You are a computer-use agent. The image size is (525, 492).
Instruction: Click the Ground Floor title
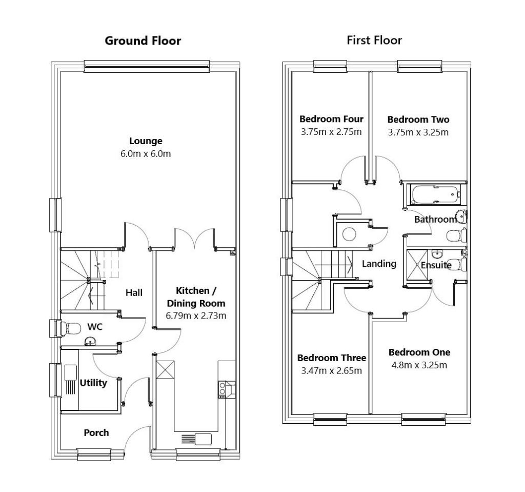[143, 41]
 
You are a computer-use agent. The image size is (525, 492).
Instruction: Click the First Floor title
[374, 40]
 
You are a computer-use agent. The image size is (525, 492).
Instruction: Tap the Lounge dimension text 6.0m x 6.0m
[146, 153]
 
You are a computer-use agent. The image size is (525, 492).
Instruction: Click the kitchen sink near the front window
[198, 439]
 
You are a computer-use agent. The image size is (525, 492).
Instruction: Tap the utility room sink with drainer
[70, 380]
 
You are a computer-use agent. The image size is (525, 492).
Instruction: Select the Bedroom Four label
[331, 119]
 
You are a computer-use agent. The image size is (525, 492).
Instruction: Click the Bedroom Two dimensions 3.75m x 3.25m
[418, 132]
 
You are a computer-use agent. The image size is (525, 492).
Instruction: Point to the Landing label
[379, 264]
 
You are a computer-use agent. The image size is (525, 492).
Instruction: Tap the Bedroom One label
[419, 352]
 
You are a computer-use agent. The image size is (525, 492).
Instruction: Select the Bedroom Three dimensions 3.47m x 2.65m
[331, 370]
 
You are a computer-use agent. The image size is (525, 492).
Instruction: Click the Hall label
[134, 292]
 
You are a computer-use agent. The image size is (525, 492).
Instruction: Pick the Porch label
[96, 432]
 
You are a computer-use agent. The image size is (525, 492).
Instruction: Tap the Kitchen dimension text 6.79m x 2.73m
[196, 316]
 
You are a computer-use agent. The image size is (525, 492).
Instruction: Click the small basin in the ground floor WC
[90, 341]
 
